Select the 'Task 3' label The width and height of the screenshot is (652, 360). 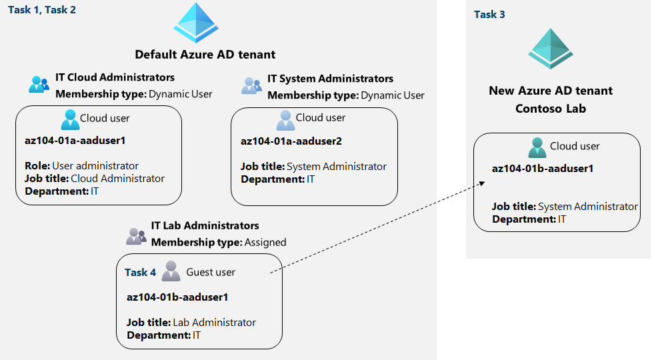coord(489,14)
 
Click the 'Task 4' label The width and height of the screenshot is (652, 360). coord(140,272)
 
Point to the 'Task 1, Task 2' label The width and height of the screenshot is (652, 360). coord(41,9)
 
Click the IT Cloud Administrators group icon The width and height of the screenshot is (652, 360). coord(39,85)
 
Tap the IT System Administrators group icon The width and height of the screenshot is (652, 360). coord(251,85)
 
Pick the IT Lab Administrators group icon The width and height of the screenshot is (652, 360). coord(136,235)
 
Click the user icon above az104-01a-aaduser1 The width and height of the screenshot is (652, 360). coord(69,119)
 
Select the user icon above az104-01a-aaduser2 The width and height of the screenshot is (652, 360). coord(285,119)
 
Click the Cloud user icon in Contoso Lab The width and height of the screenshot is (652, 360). coord(536,147)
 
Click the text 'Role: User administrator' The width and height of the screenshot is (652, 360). coord(82,166)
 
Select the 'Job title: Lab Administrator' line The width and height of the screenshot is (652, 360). coord(191,323)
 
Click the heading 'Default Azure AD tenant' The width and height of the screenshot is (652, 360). coord(205,55)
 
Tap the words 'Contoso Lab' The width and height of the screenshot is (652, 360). coord(550,108)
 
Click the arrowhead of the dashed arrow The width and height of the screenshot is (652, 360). coord(481,181)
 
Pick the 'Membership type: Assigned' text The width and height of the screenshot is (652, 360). coord(219,242)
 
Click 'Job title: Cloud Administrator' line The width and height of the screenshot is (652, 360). coord(95,179)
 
